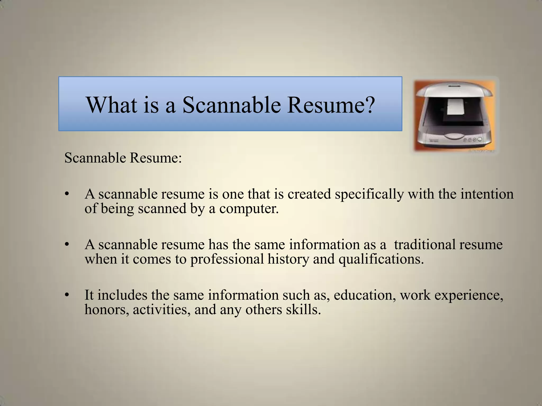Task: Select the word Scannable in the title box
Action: [x=231, y=105]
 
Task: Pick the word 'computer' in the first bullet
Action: [x=248, y=209]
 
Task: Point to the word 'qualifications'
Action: [x=381, y=259]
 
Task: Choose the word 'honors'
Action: [x=107, y=310]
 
